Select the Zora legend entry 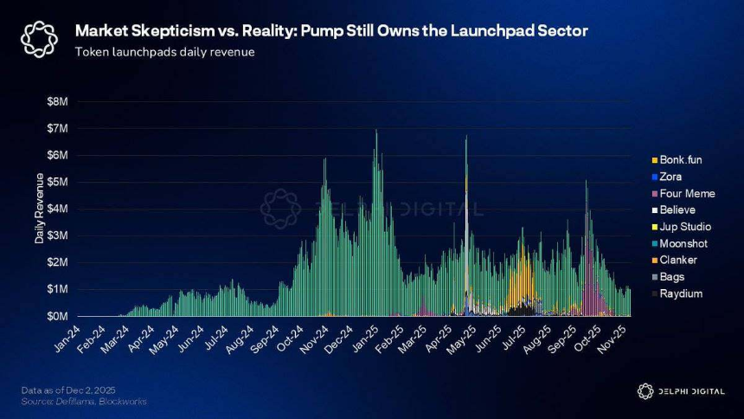pyautogui.click(x=672, y=177)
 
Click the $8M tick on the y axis pyautogui.click(x=57, y=101)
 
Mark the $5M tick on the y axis pyautogui.click(x=57, y=182)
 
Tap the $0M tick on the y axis pyautogui.click(x=57, y=316)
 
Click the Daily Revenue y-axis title pyautogui.click(x=39, y=209)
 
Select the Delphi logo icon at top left pyautogui.click(x=39, y=39)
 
